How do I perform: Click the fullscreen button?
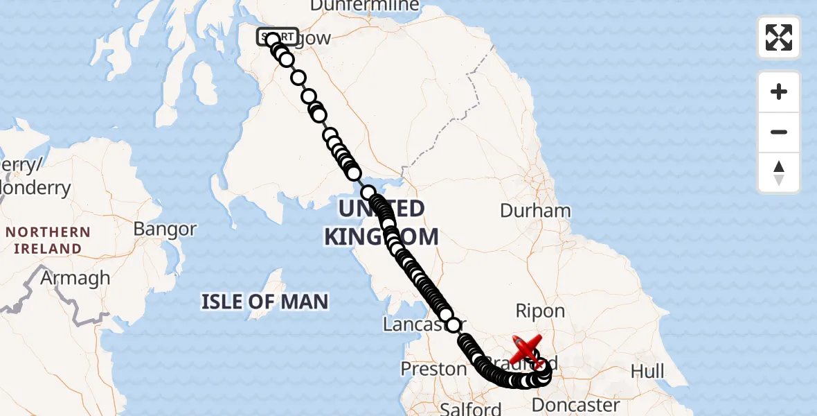pyautogui.click(x=779, y=37)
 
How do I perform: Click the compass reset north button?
pyautogui.click(x=779, y=173)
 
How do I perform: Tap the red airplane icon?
pyautogui.click(x=527, y=350)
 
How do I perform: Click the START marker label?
pyautogui.click(x=278, y=37)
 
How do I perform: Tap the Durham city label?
pyautogui.click(x=535, y=211)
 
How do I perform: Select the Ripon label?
pyautogui.click(x=540, y=311)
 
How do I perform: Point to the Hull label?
pyautogui.click(x=647, y=372)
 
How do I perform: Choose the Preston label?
pyautogui.click(x=434, y=369)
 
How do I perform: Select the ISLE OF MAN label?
pyautogui.click(x=264, y=302)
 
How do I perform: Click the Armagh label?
pyautogui.click(x=75, y=278)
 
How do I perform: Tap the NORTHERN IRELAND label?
pyautogui.click(x=48, y=240)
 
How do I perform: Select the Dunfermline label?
pyautogui.click(x=365, y=6)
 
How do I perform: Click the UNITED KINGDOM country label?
pyautogui.click(x=381, y=223)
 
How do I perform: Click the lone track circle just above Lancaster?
pyautogui.click(x=453, y=324)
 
